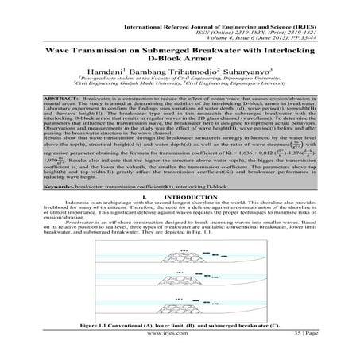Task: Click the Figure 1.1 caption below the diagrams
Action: click(180, 338)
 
